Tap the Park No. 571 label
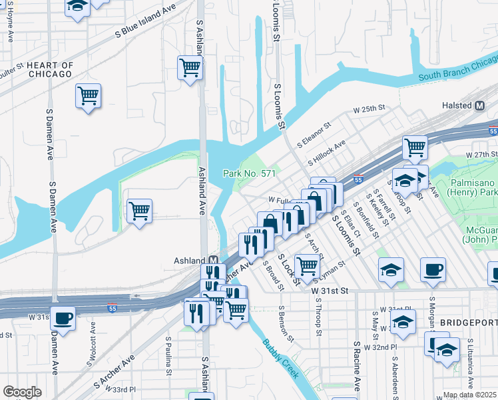(249, 173)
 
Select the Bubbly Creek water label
(280, 359)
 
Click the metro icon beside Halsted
(480, 105)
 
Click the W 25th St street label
(370, 108)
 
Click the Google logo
(22, 392)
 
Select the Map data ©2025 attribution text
(469, 395)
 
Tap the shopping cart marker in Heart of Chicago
(88, 96)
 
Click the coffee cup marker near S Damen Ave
(63, 318)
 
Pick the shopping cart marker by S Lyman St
(306, 265)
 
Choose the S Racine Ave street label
(357, 367)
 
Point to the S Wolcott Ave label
(91, 344)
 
